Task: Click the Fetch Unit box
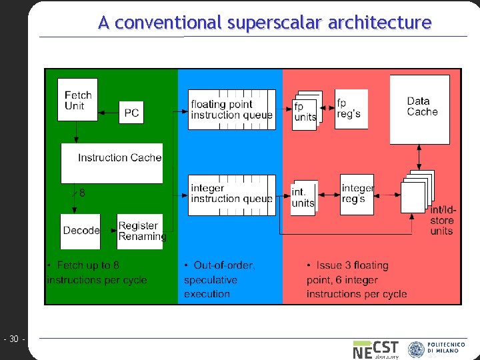(78, 100)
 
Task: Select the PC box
(131, 113)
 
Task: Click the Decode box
(81, 231)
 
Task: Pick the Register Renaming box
(141, 231)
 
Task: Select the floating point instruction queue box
(231, 109)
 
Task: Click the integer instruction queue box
(231, 195)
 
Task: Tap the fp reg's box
(351, 109)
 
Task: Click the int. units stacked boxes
(303, 198)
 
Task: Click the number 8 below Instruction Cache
(82, 193)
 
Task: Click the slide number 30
(13, 339)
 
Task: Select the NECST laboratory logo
(375, 349)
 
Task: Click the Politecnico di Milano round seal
(416, 349)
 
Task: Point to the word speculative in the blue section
(210, 280)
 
